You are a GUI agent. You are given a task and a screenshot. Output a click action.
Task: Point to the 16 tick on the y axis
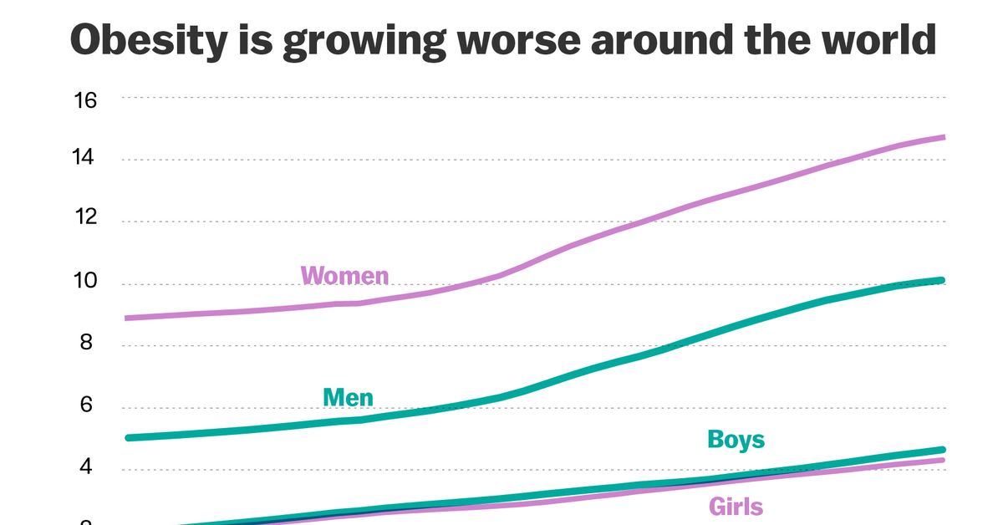point(86,100)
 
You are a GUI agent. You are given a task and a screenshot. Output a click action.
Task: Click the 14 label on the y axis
point(86,159)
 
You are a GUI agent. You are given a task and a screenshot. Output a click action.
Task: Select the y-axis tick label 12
point(86,219)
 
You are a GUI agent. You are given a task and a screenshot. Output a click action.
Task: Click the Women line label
point(344,275)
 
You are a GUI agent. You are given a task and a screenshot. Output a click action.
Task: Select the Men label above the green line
point(349,397)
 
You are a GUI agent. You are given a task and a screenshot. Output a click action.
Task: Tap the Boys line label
point(736,439)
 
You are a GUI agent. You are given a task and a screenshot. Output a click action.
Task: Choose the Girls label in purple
point(736,506)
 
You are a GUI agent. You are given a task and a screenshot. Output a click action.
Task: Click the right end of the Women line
point(942,137)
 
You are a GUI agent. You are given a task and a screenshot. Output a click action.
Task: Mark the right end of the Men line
point(942,281)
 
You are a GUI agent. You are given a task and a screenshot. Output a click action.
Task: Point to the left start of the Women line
point(127,318)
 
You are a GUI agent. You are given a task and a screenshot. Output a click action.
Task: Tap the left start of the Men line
point(127,437)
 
